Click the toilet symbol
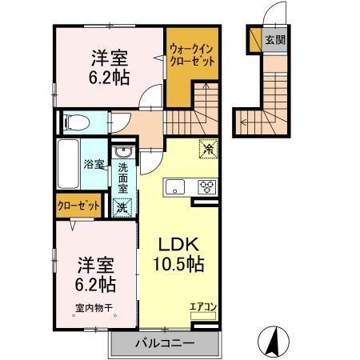point(71,123)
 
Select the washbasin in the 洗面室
point(123,152)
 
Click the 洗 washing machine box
point(123,206)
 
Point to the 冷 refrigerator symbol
point(206,147)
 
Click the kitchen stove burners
point(206,188)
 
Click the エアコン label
point(202,305)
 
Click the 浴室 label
point(94,166)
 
